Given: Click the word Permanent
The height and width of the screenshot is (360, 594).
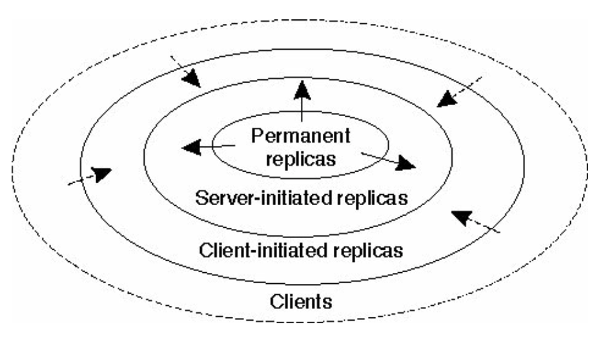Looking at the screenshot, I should (x=301, y=137).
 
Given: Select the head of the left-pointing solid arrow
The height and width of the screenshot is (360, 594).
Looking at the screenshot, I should (x=190, y=148).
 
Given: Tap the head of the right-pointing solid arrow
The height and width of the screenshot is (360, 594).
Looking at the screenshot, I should (x=405, y=164).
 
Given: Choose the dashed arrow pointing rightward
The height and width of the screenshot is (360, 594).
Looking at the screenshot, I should (x=100, y=174).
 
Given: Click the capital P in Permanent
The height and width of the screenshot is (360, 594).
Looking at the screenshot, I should (x=257, y=137).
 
